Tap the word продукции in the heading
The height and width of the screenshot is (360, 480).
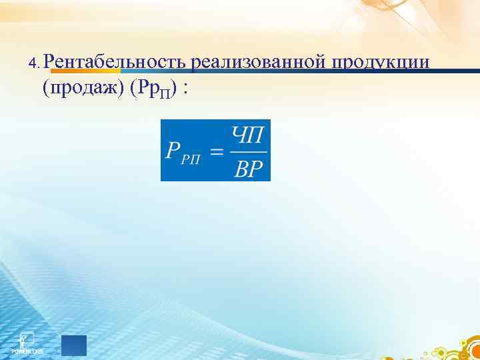[x=381, y=62]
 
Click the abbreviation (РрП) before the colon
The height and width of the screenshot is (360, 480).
[x=154, y=89]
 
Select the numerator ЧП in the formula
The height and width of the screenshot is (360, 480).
[x=248, y=134]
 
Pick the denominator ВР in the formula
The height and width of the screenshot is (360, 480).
[x=249, y=168]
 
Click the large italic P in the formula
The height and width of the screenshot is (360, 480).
[x=172, y=151]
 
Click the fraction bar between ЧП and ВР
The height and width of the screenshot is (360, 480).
[x=248, y=151]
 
